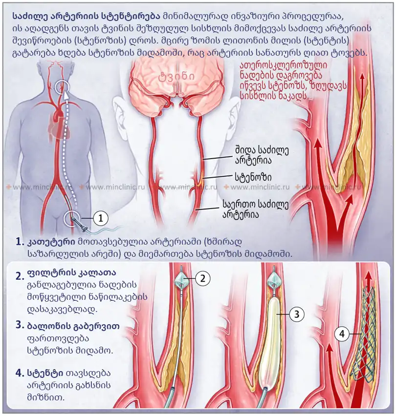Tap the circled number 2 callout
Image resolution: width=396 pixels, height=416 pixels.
click(x=203, y=279)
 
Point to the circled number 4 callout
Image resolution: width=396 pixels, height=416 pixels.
click(x=342, y=334)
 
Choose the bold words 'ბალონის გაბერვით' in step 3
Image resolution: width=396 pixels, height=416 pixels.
click(x=73, y=325)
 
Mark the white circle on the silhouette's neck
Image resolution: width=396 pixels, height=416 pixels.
click(x=62, y=88)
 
